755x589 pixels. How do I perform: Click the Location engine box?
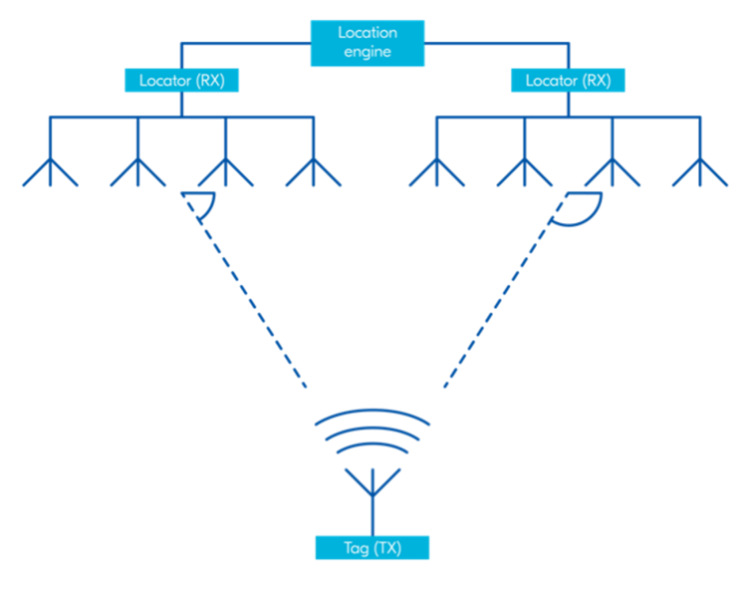coord(367,43)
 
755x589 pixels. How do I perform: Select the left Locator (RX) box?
coord(182,81)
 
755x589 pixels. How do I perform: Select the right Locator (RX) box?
coord(568,81)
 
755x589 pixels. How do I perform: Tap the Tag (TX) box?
coord(371,547)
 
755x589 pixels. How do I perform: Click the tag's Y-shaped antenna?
coord(371,485)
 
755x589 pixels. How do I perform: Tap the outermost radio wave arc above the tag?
coord(371,412)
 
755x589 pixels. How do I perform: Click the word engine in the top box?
coord(367,51)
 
